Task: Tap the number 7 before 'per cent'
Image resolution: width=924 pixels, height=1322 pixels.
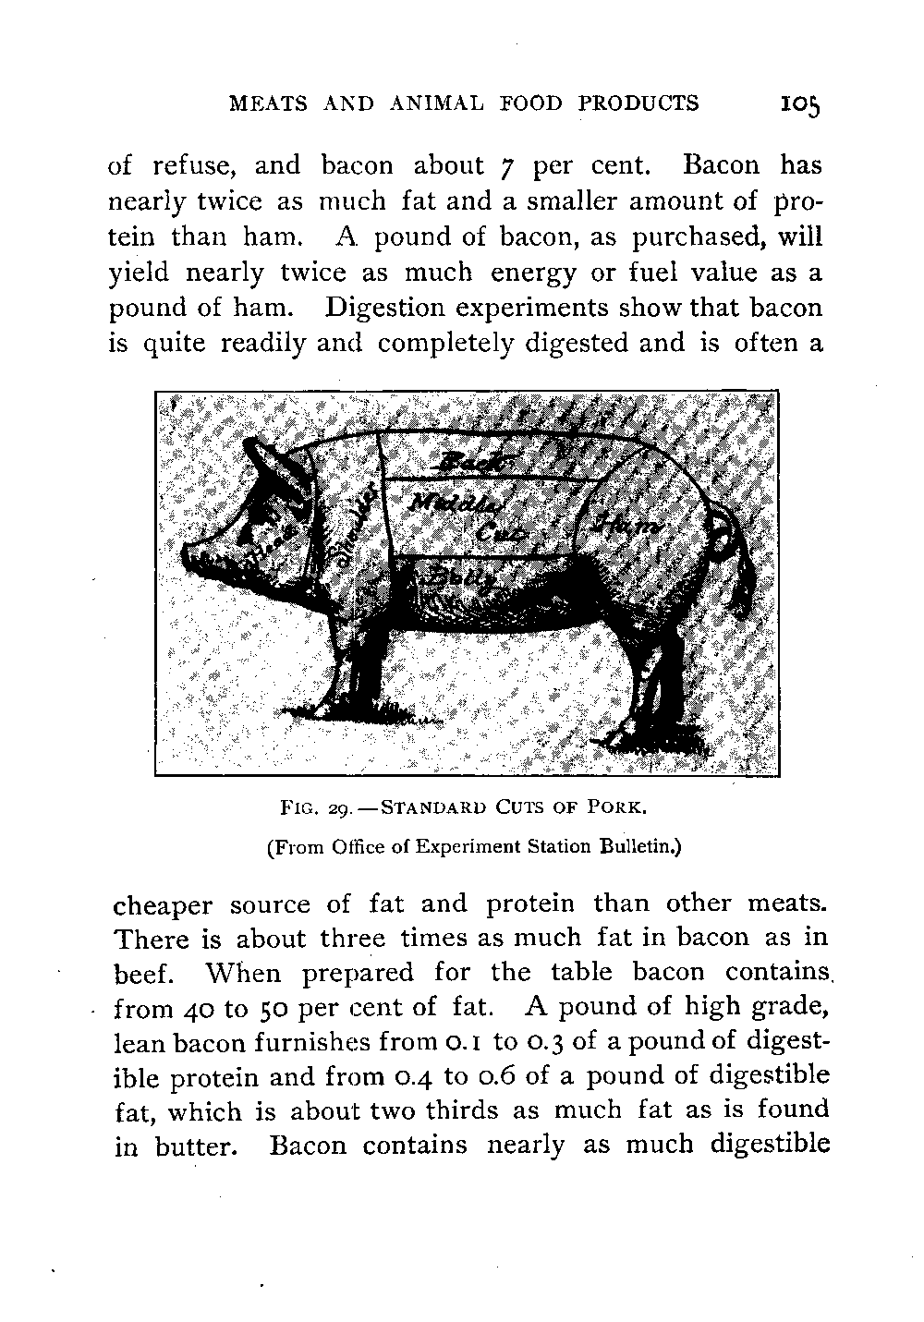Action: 504,167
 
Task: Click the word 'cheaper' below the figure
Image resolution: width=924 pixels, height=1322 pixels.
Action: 162,904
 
